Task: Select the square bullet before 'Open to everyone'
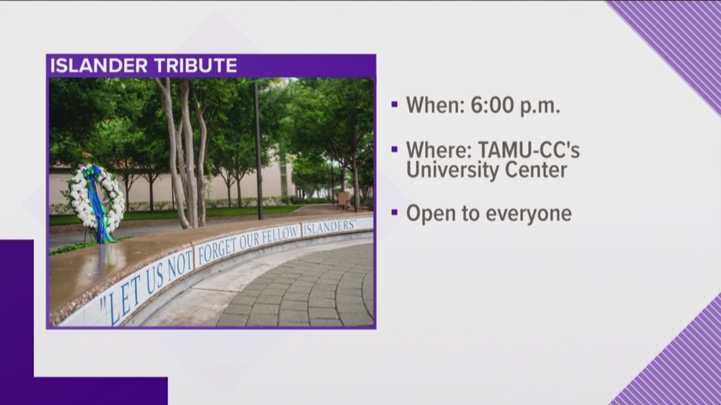pyautogui.click(x=394, y=213)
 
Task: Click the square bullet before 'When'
pyautogui.click(x=394, y=105)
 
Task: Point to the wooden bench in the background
pyautogui.click(x=343, y=200)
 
